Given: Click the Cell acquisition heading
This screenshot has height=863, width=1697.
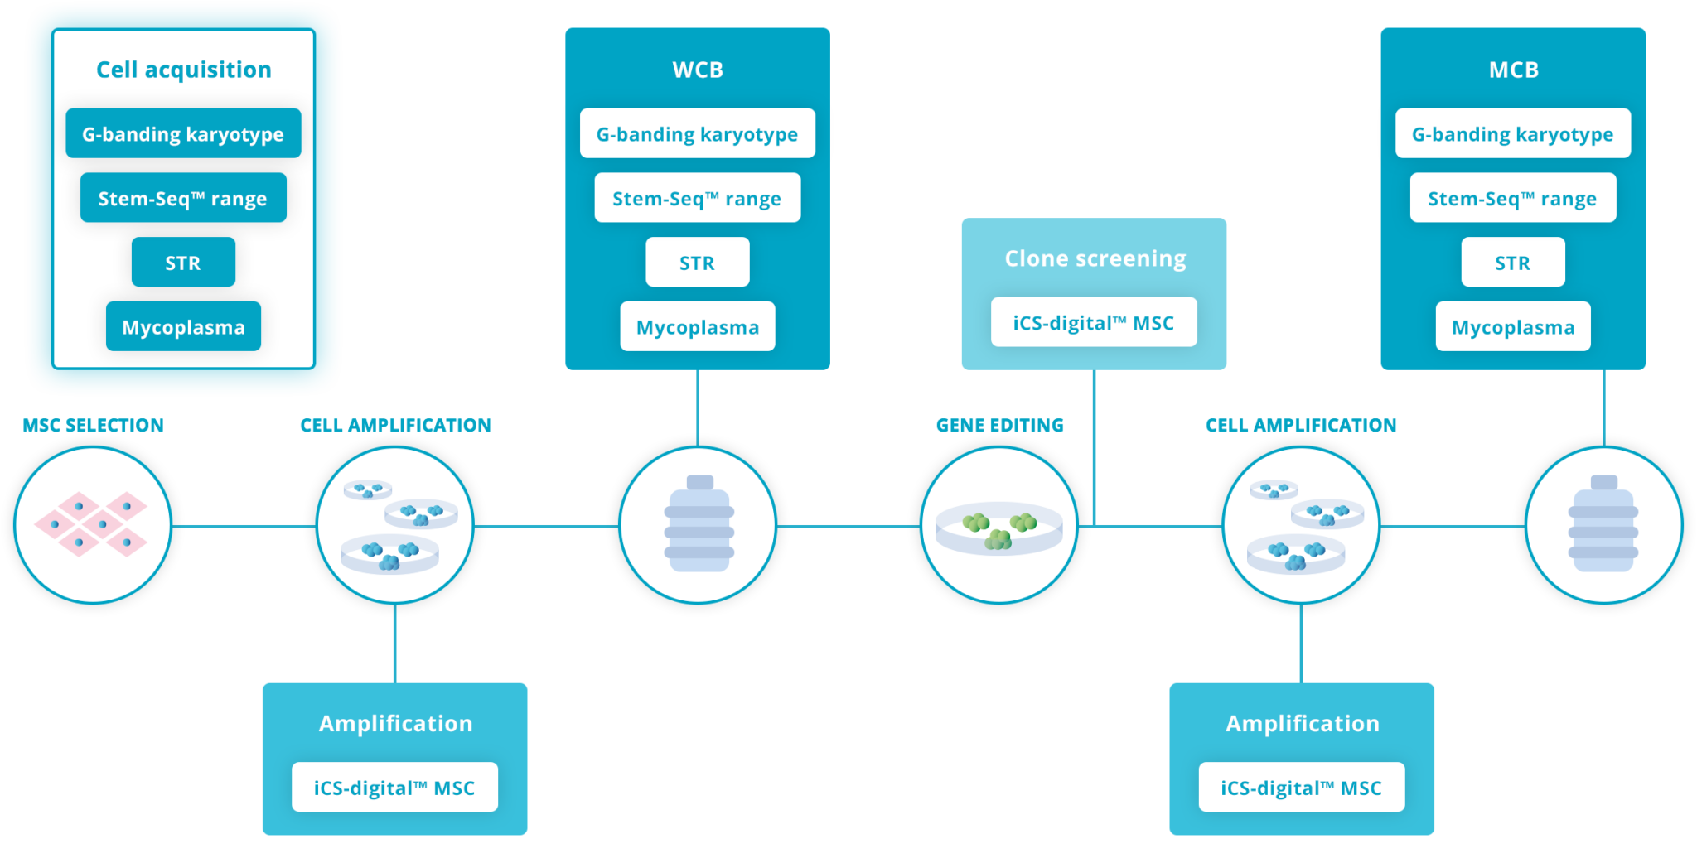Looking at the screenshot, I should pos(183,70).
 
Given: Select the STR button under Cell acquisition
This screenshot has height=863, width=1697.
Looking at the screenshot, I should pos(183,263).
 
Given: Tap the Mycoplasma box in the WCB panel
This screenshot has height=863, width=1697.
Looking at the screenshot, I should pos(698,327).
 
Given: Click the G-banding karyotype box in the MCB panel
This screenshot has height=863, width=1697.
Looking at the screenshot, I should pos(1513,133).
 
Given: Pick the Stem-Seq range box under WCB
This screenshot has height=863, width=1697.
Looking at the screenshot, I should pos(698,198).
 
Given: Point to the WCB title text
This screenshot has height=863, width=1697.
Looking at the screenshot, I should pos(698,70).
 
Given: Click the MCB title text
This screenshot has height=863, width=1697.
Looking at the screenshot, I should pos(1513,70).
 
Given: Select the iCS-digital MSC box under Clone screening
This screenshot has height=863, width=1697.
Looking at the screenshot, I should pos(1094,322).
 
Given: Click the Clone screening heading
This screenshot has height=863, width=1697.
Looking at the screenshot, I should pos(1095,258).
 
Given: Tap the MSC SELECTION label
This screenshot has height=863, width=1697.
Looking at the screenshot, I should pos(93,426).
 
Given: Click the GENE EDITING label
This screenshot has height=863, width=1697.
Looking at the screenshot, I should pos(1000,426).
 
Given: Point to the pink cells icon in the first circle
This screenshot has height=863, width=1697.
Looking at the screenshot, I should pos(91,524).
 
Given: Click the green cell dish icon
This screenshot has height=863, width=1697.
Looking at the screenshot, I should pos(999,528).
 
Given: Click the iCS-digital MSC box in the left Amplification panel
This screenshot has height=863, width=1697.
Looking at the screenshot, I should pos(394,788).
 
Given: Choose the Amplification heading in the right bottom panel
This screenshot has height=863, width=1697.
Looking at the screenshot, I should pos(1303,724).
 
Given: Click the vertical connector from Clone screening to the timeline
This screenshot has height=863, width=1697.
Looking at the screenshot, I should pos(1095,447).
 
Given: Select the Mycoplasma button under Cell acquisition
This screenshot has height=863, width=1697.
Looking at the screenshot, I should pos(183,327).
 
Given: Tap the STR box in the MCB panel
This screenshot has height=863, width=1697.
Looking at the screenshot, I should pos(1513,263).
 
